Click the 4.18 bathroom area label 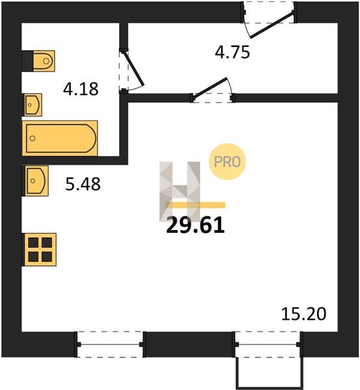(81, 89)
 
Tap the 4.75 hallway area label (232, 53)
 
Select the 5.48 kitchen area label (83, 184)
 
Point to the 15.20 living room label (303, 314)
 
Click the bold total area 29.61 (196, 226)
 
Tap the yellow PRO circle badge (227, 162)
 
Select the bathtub (60, 138)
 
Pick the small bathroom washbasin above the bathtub (33, 105)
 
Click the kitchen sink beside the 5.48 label (36, 181)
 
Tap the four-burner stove (39, 250)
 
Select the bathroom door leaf (134, 68)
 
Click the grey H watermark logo (179, 192)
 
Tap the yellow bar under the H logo (196, 205)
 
